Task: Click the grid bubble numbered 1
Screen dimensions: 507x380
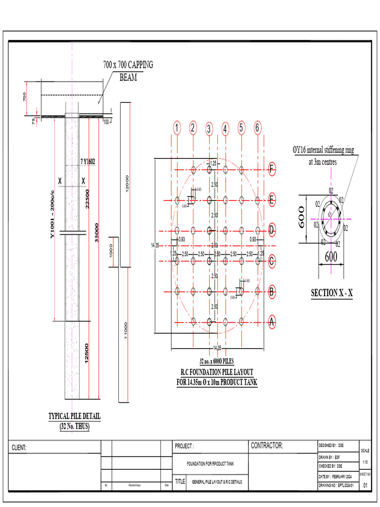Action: pyautogui.click(x=177, y=128)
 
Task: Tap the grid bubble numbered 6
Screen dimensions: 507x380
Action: pyautogui.click(x=257, y=128)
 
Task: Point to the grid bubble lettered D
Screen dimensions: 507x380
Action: pyautogui.click(x=271, y=230)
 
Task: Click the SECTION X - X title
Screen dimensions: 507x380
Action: pyautogui.click(x=332, y=293)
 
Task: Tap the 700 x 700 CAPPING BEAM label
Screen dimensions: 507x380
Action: pyautogui.click(x=128, y=71)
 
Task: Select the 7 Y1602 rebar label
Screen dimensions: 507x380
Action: pyautogui.click(x=88, y=160)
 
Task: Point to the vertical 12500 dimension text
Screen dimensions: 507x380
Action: pyautogui.click(x=87, y=354)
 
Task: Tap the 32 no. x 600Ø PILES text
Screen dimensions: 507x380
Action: pyautogui.click(x=217, y=361)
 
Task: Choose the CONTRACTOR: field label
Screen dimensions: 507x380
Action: pyautogui.click(x=267, y=446)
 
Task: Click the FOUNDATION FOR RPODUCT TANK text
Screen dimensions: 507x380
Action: pyautogui.click(x=210, y=464)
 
